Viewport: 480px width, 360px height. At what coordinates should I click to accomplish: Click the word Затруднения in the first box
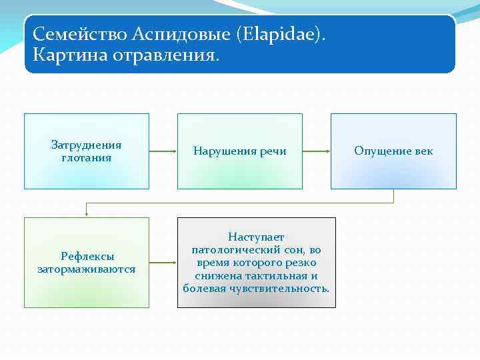coord(86,145)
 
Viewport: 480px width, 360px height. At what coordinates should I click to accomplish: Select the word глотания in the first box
coord(86,158)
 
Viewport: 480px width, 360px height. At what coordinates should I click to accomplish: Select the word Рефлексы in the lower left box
coord(87,256)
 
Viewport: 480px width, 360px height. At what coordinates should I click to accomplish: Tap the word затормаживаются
coord(87,269)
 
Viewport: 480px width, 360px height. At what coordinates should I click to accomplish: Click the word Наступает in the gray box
coord(256,237)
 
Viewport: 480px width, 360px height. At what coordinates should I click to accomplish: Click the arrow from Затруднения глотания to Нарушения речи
coord(163,151)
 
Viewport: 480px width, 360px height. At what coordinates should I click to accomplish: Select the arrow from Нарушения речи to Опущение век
coord(316,151)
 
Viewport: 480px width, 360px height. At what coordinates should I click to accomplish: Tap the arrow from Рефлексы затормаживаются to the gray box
coord(163,263)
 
